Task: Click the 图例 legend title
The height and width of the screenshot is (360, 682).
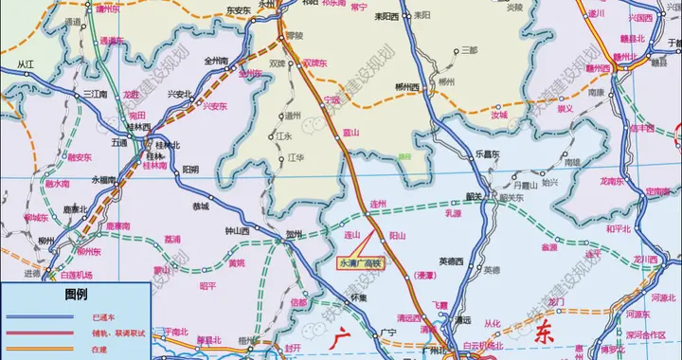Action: tap(76, 295)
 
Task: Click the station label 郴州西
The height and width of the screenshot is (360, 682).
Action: tap(406, 87)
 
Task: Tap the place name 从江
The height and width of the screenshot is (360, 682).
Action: tap(26, 63)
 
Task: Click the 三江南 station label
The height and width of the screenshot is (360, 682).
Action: tap(95, 94)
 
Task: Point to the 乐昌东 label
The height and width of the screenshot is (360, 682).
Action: tap(488, 153)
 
